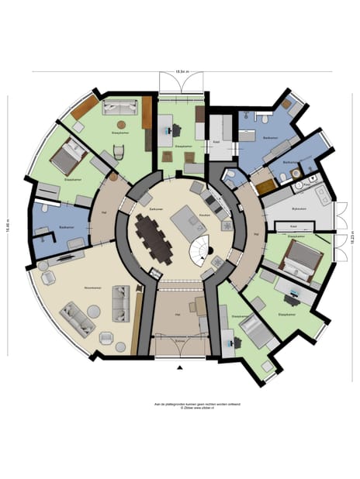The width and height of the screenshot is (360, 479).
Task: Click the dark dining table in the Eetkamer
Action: point(154,237)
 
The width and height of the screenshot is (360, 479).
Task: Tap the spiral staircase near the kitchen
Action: point(203,248)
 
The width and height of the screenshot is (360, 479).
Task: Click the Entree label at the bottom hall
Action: point(180,340)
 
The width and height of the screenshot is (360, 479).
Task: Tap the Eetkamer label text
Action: point(156,209)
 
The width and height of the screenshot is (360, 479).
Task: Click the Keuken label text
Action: point(205,215)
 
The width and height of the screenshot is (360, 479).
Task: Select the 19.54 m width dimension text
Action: point(182,71)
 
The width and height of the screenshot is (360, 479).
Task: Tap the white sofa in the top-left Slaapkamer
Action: point(120,107)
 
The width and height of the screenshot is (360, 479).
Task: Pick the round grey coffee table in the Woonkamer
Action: point(93,311)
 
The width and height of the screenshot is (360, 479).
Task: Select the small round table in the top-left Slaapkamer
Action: point(121,124)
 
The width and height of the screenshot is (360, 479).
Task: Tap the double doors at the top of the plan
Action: point(182,82)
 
